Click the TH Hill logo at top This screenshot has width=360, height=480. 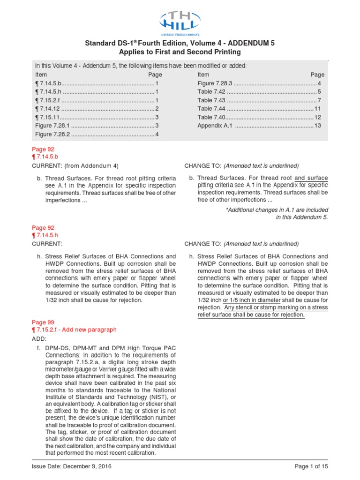tap(180, 23)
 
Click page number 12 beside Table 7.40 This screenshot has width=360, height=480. tap(317, 117)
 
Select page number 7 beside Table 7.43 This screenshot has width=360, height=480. tap(319, 100)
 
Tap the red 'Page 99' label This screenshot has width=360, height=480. tap(43, 322)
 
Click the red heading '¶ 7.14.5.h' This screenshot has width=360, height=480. tap(47, 236)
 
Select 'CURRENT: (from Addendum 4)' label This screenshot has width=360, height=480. tap(75, 165)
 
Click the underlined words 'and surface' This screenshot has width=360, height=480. tap(311, 178)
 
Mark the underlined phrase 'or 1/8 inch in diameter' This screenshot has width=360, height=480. tap(250, 300)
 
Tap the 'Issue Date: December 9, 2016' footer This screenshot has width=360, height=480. tap(72, 467)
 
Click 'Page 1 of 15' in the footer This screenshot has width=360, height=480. tap(311, 467)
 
